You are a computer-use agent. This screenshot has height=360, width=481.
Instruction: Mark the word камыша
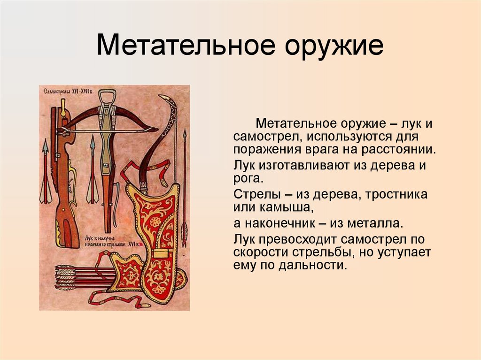(x=293, y=207)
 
